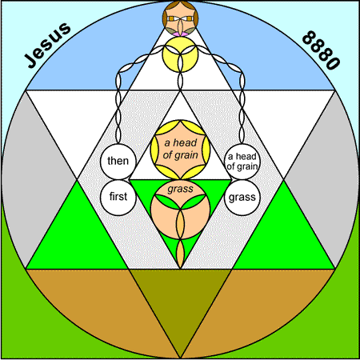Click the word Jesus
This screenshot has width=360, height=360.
coord(48,45)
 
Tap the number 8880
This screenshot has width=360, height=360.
coord(321,50)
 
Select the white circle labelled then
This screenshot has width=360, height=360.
coord(118,162)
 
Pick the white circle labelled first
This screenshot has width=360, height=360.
coord(118,197)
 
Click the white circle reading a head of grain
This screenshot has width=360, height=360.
coord(242,162)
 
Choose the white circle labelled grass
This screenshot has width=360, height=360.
coord(242,198)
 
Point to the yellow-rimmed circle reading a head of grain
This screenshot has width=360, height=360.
coord(180,150)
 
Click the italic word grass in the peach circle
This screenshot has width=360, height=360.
coord(180,190)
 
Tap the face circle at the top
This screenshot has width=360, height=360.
coord(180,18)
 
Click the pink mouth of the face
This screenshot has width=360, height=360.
coord(180,34)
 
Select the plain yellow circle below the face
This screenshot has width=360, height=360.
coord(180,54)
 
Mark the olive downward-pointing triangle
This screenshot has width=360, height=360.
coord(180,298)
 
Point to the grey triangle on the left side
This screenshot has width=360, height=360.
coord(30,178)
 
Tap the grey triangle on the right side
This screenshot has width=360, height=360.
coord(330,178)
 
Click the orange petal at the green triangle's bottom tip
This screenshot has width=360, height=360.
coord(180,254)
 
